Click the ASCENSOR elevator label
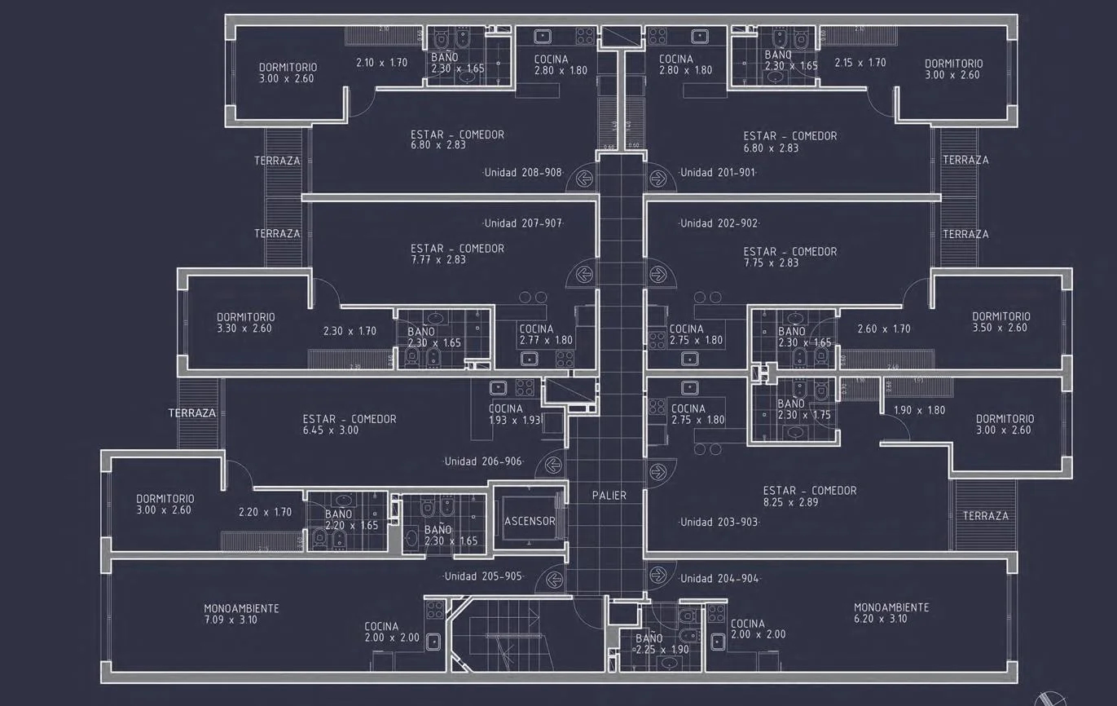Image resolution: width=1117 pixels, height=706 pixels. pyautogui.click(x=530, y=521)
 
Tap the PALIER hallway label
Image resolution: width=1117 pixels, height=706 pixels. pyautogui.click(x=609, y=495)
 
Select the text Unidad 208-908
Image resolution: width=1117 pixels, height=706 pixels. pyautogui.click(x=523, y=173)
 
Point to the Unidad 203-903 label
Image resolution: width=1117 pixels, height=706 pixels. pyautogui.click(x=719, y=522)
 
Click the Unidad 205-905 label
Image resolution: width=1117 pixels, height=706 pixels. pyautogui.click(x=482, y=576)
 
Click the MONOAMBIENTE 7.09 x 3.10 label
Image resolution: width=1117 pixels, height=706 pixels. pyautogui.click(x=241, y=614)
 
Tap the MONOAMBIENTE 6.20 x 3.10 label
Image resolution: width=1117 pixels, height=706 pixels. pyautogui.click(x=891, y=613)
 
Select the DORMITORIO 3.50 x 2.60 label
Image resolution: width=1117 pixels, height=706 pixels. pyautogui.click(x=1000, y=322)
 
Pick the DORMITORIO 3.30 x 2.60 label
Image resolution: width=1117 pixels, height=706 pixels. pyautogui.click(x=245, y=323)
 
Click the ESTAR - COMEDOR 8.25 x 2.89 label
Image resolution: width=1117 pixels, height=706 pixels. pyautogui.click(x=809, y=496)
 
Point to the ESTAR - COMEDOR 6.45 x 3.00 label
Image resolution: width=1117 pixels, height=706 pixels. pyautogui.click(x=349, y=425)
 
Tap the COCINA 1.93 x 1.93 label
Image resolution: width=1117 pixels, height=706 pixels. pyautogui.click(x=505, y=414)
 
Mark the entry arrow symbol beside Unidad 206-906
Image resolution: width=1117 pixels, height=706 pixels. pyautogui.click(x=554, y=465)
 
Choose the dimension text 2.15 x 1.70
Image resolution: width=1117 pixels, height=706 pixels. pyautogui.click(x=860, y=62)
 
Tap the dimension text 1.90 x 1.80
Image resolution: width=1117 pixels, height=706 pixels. pyautogui.click(x=919, y=410)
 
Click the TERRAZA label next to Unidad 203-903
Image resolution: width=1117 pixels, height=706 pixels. pyautogui.click(x=985, y=515)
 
